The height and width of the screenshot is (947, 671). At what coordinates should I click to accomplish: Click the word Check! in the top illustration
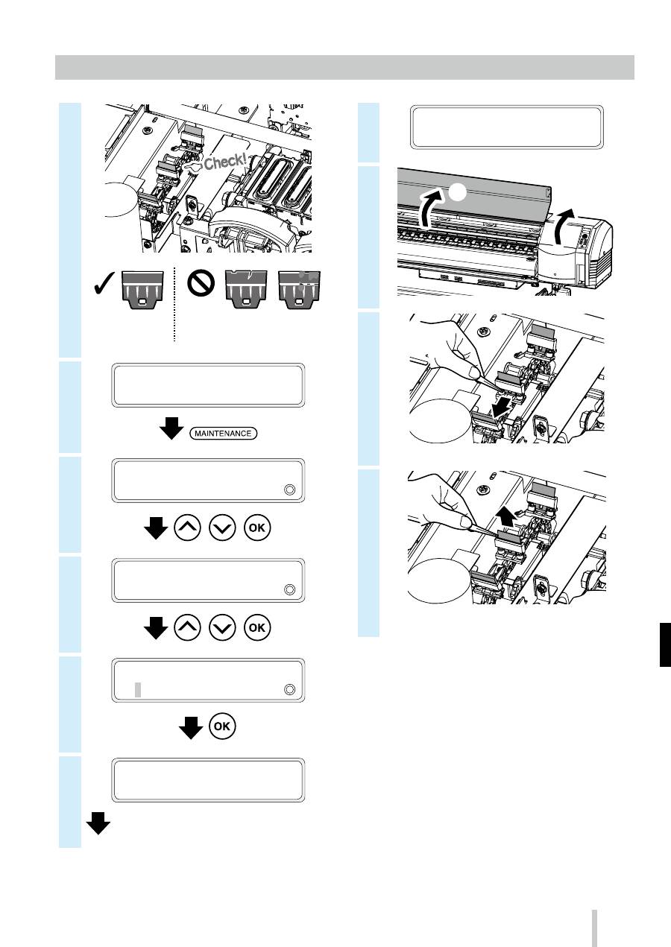pos(224,161)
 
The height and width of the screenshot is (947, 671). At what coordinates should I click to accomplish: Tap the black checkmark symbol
pos(104,284)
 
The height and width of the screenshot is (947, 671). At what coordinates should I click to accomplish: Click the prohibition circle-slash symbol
pos(201,283)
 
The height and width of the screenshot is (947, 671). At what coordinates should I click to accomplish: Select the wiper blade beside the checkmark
pos(142,290)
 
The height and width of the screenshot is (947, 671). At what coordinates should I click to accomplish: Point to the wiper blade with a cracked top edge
pos(246,291)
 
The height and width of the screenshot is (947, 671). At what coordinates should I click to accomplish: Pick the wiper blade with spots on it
pos(299,291)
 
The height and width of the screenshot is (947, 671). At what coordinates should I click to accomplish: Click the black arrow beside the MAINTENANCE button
pos(171,428)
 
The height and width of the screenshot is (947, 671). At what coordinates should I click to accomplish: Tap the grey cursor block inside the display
pos(138,689)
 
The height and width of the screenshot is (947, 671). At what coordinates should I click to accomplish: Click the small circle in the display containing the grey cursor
pos(289,689)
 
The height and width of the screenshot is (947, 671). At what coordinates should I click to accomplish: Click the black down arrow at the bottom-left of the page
pos(98,823)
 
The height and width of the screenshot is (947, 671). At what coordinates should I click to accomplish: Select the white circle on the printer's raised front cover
pos(457,192)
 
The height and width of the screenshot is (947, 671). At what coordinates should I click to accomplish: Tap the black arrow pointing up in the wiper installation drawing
pos(505,519)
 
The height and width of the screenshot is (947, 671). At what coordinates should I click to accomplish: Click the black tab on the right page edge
pos(665,644)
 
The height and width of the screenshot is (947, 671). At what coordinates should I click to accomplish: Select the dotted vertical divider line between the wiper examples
pos(174,305)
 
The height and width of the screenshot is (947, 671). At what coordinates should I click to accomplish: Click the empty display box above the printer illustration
pos(507,127)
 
